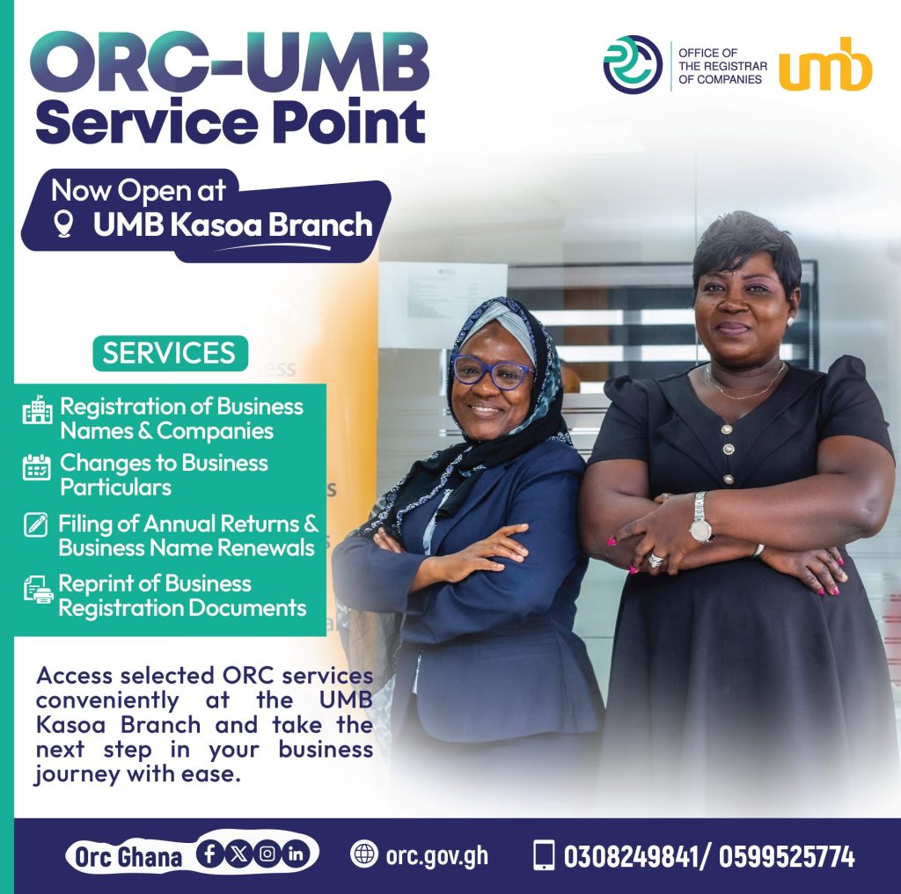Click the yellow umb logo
coord(825,64)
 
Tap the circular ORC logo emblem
coord(633,63)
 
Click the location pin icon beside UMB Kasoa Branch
coord(63,223)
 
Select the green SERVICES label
coord(170,353)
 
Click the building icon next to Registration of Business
coord(37,409)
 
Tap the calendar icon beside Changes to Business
coord(37,466)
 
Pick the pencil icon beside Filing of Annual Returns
coord(35,524)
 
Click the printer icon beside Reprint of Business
coord(38,590)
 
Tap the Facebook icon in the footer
coord(209,854)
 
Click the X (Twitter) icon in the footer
coord(238,854)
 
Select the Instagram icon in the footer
coord(267,854)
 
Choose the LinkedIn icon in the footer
coord(296,854)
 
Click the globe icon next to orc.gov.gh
coord(364,854)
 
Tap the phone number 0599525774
coord(787,856)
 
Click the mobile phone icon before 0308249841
coord(545,855)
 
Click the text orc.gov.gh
coord(436,856)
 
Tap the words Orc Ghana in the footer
coord(128,857)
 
